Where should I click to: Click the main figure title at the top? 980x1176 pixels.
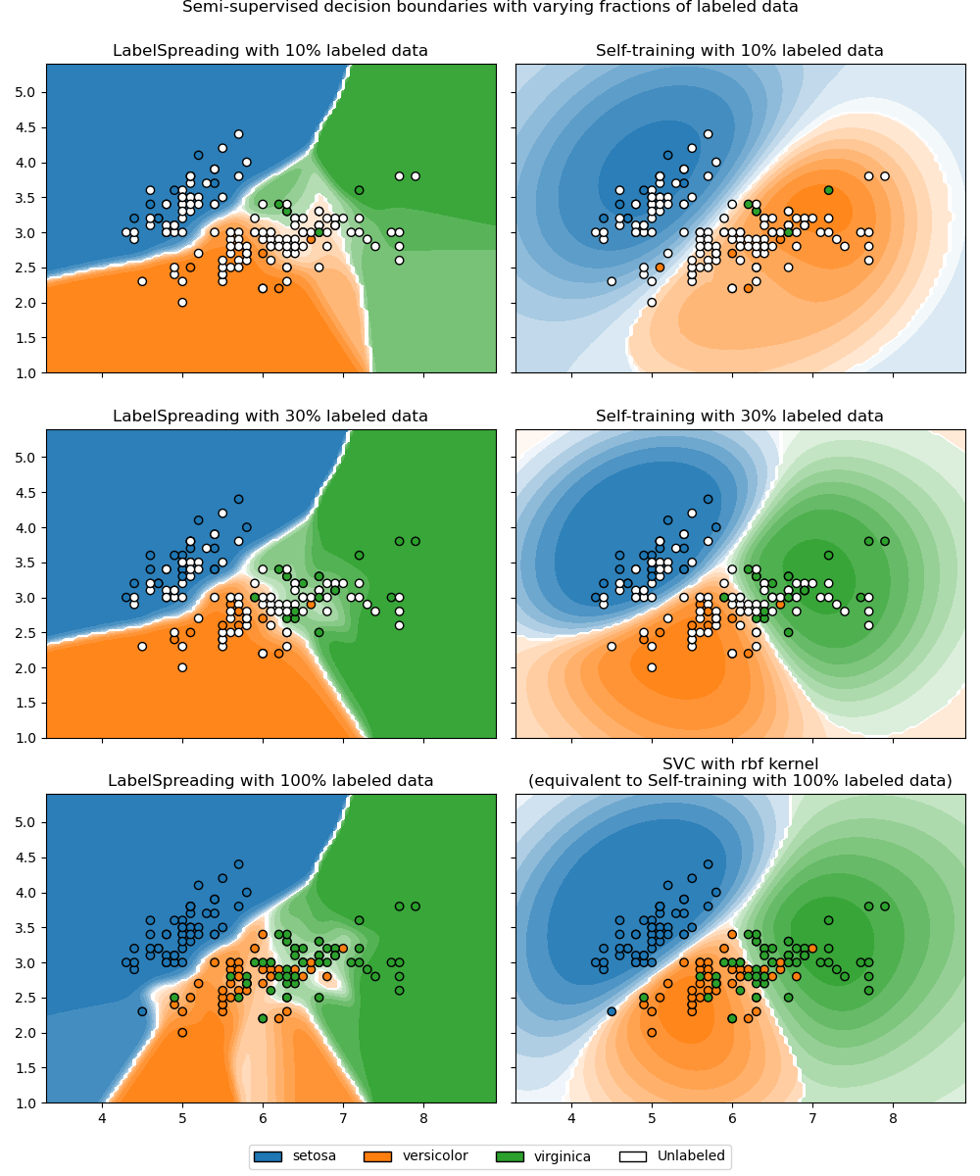tap(490, 7)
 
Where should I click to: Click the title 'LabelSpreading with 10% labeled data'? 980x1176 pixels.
tap(270, 51)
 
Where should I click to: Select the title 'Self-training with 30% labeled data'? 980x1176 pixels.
tap(740, 416)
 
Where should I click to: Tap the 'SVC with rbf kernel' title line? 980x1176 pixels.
tap(740, 763)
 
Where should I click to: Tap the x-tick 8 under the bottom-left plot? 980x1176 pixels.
tap(423, 1117)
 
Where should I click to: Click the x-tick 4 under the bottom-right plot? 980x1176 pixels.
tap(571, 1117)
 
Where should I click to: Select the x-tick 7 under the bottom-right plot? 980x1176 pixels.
tap(812, 1117)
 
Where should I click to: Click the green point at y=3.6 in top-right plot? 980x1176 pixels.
tap(828, 190)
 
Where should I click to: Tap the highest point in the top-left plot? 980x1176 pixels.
tap(238, 134)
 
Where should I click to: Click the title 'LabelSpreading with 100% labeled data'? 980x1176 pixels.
tap(270, 781)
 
